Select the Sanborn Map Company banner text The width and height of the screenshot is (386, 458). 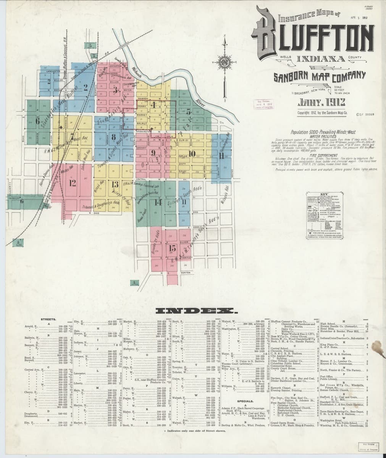click(x=320, y=77)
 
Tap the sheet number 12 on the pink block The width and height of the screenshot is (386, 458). click(x=73, y=182)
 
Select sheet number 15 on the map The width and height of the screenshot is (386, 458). click(x=172, y=248)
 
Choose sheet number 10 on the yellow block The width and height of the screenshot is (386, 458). click(x=192, y=153)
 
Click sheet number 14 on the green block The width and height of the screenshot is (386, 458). click(x=158, y=202)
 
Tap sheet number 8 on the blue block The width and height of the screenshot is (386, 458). click(x=113, y=137)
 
